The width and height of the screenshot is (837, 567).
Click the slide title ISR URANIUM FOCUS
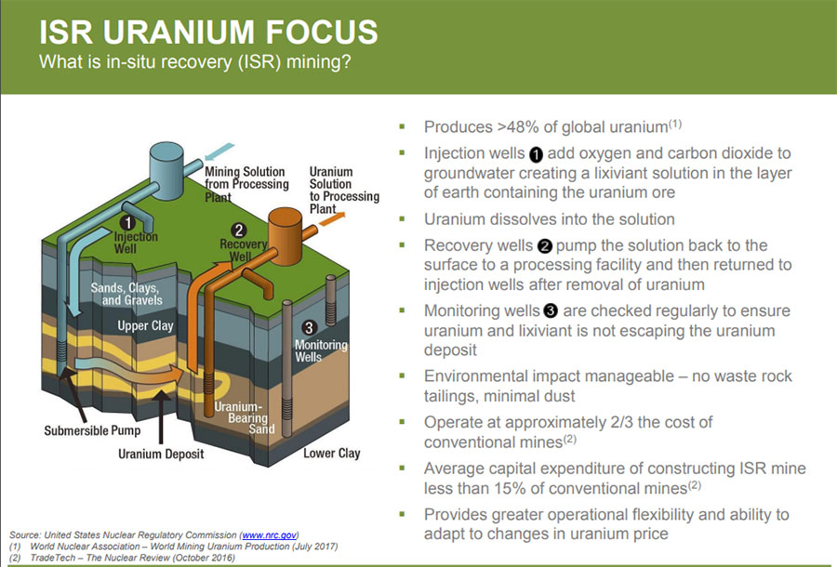(208, 32)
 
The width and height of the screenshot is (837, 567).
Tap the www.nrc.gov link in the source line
(270, 535)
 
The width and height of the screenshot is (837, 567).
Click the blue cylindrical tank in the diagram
(166, 171)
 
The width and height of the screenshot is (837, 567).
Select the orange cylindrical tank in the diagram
(286, 236)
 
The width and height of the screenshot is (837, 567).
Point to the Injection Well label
(136, 243)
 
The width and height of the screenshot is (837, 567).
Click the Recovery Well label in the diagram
(244, 250)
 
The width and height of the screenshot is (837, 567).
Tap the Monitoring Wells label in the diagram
(321, 351)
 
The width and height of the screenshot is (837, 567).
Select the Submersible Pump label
(92, 430)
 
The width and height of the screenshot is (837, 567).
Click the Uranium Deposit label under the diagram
(161, 454)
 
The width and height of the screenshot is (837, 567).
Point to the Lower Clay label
(331, 454)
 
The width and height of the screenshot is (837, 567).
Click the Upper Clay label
(145, 325)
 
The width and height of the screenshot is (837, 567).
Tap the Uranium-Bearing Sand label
(245, 418)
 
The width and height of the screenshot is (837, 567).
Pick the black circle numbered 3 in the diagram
(309, 327)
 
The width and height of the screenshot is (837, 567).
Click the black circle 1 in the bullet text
(536, 154)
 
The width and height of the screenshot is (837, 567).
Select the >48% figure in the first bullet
(517, 127)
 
